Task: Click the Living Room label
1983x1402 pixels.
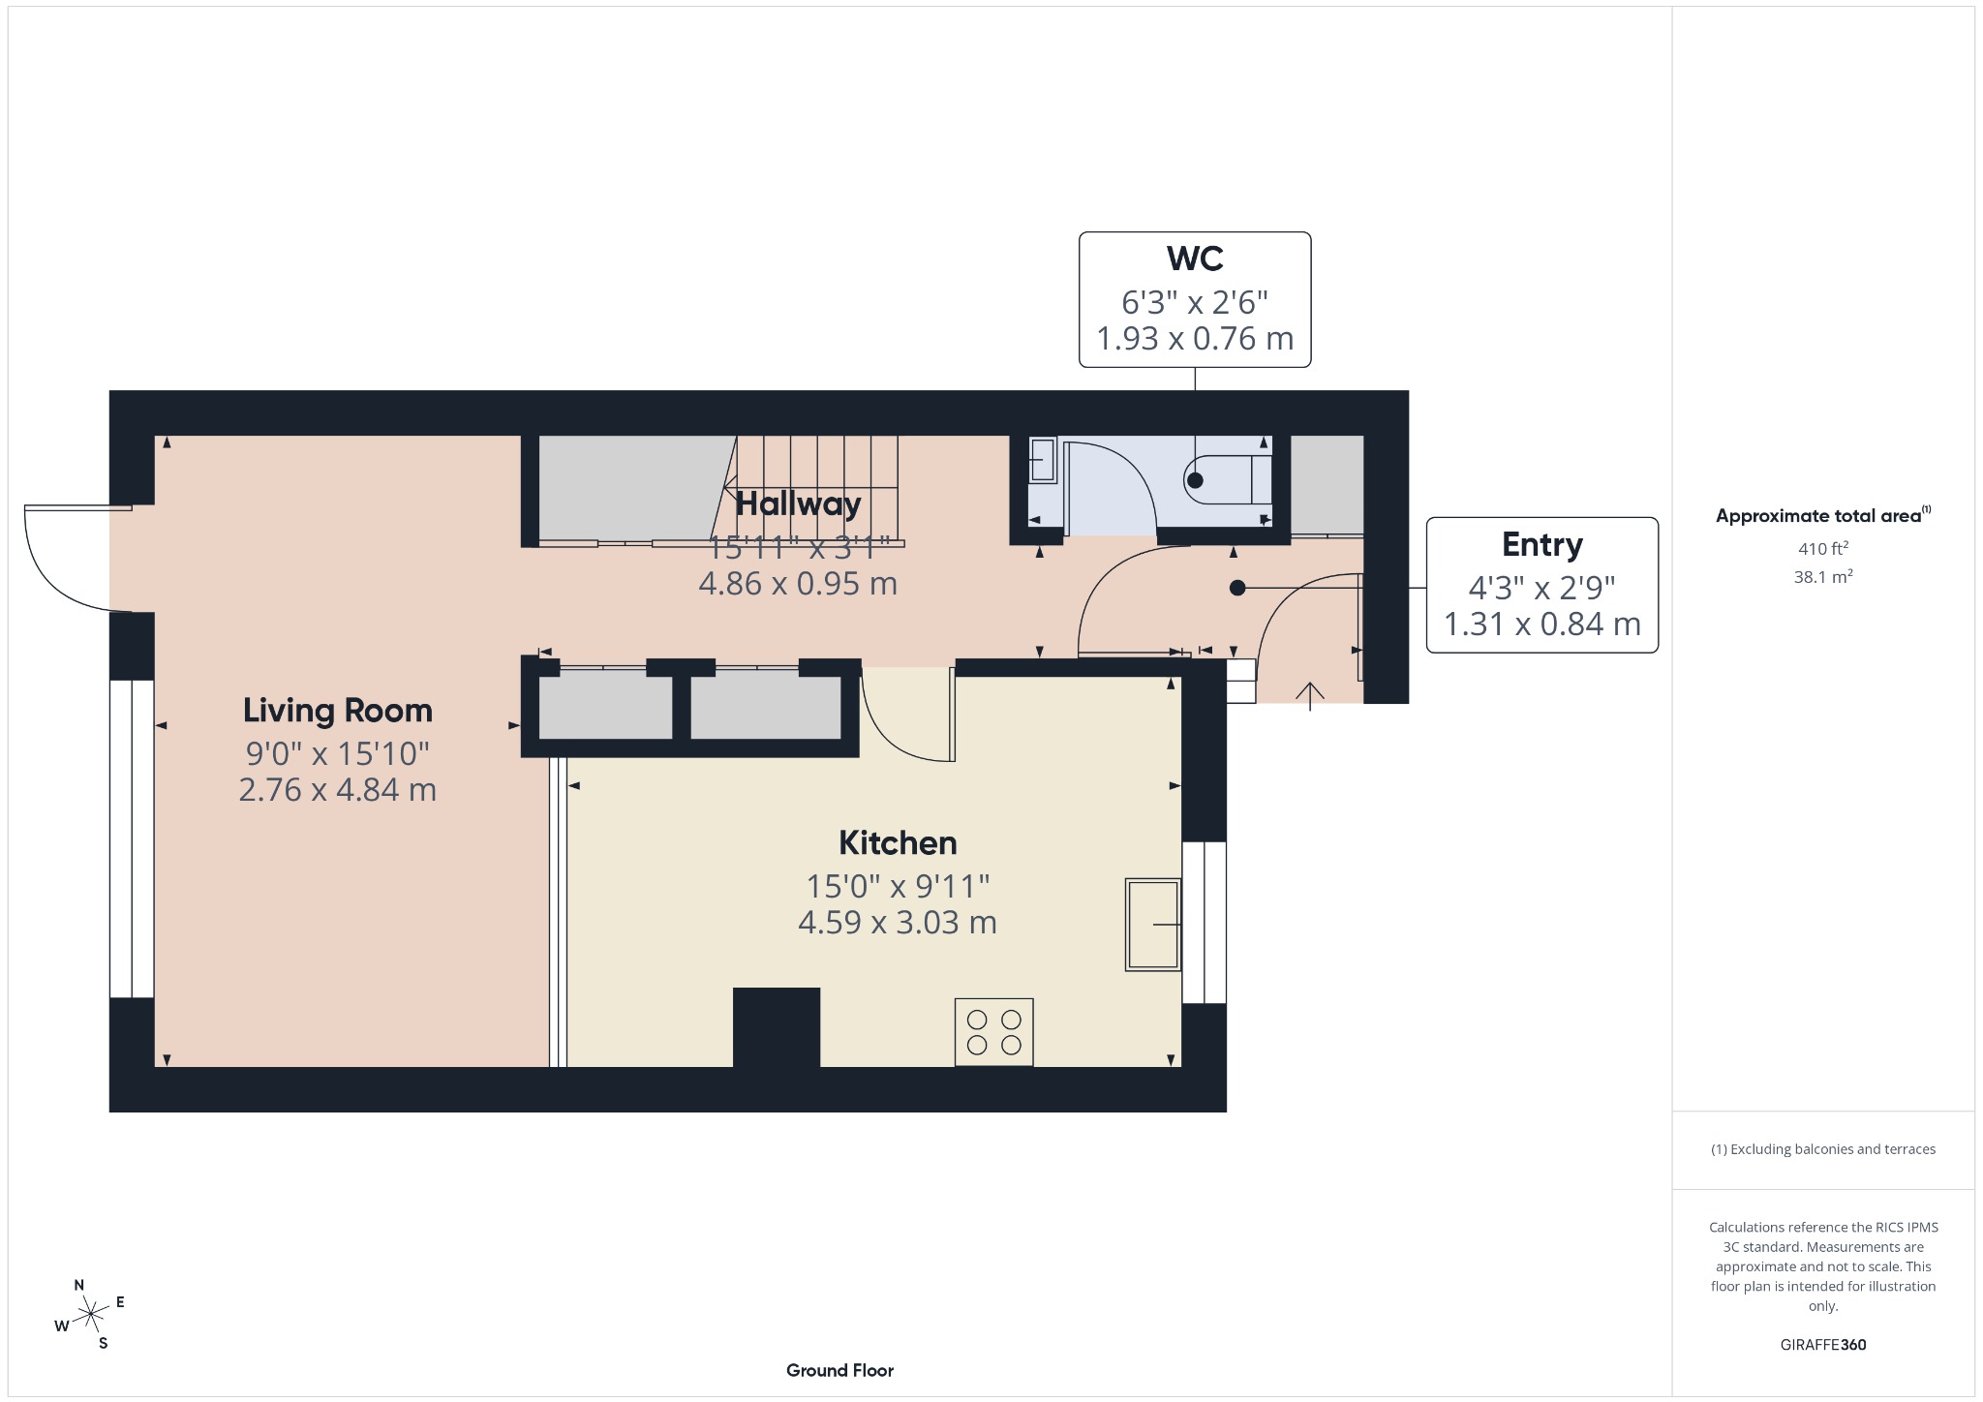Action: click(x=337, y=711)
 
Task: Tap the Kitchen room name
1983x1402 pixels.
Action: click(x=898, y=843)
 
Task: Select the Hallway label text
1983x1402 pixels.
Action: click(x=798, y=503)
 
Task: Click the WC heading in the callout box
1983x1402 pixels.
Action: click(x=1195, y=259)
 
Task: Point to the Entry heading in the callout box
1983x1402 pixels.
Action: click(x=1541, y=545)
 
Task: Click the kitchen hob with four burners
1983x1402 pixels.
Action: click(x=993, y=1032)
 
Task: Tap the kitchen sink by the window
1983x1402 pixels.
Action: click(x=1152, y=925)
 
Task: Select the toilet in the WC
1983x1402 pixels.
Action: click(x=1228, y=479)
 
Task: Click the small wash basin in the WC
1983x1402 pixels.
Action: click(x=1042, y=461)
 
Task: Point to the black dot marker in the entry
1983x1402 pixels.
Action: click(x=1237, y=588)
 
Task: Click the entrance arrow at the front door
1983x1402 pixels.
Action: click(x=1310, y=694)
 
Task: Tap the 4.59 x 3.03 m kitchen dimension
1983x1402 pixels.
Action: click(x=898, y=922)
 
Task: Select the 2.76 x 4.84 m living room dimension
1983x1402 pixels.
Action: click(x=337, y=790)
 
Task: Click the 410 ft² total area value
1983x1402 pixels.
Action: click(x=1823, y=549)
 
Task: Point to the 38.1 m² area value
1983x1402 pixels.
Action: click(x=1823, y=577)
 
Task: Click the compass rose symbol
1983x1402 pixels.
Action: click(x=91, y=1314)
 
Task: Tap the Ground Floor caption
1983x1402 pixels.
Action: click(x=839, y=1370)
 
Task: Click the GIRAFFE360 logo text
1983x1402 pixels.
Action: click(x=1823, y=1345)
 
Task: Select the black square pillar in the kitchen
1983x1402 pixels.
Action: click(x=777, y=1026)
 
